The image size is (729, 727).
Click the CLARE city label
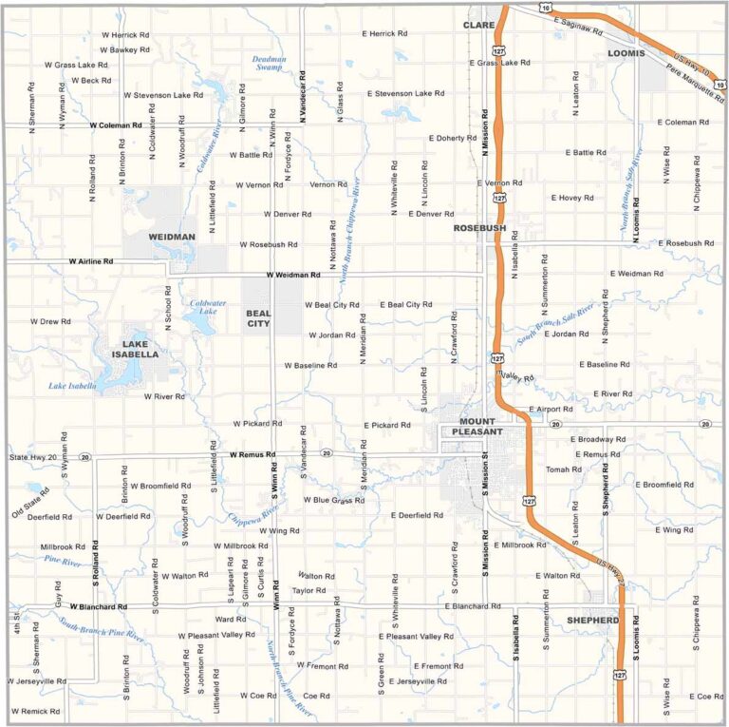click(479, 25)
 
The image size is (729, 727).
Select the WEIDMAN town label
click(172, 236)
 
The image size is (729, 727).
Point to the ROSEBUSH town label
click(479, 228)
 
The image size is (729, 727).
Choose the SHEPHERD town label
click(593, 620)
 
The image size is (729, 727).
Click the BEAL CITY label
click(258, 317)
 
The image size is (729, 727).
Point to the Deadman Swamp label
click(269, 64)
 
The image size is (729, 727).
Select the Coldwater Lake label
click(208, 306)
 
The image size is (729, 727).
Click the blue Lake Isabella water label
click(72, 386)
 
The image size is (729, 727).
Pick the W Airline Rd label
click(90, 260)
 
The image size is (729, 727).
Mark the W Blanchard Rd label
click(99, 606)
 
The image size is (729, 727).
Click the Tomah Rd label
click(564, 469)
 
